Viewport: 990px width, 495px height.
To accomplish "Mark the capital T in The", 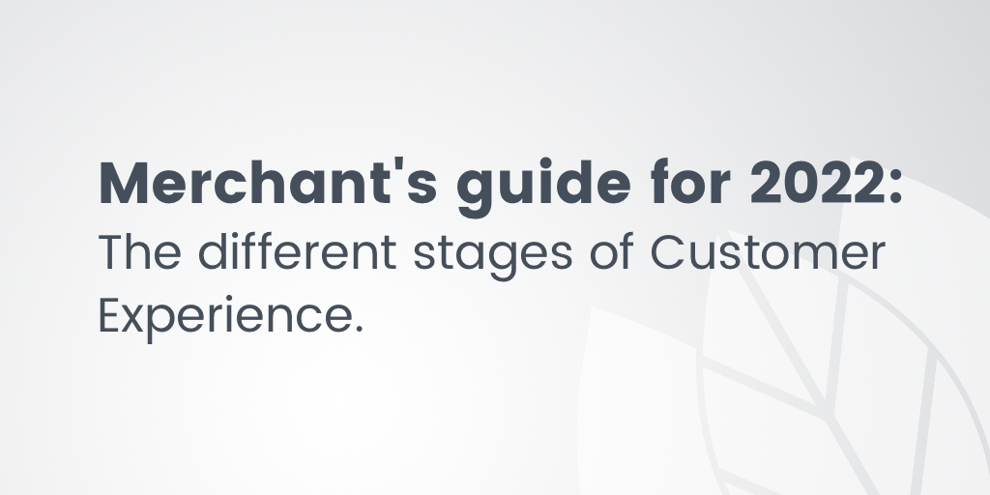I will pos(111,253).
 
